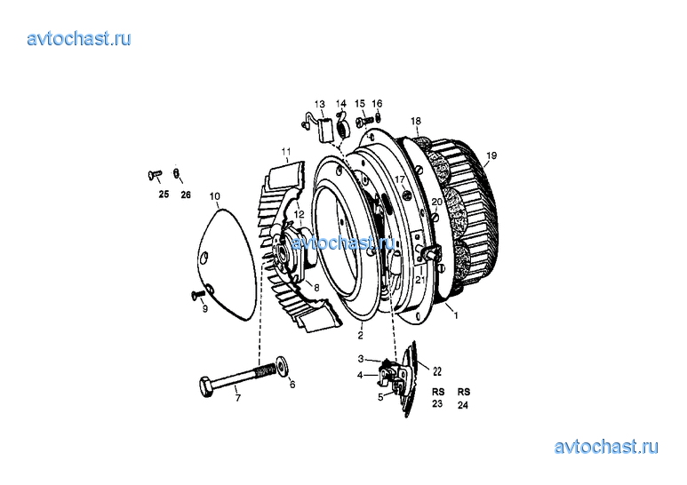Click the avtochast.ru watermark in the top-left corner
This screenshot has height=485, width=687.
tap(79, 39)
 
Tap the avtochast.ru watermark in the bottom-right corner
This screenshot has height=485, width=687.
tap(606, 447)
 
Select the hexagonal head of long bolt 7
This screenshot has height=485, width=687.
tap(206, 386)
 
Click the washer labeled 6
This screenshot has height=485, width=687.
tap(281, 366)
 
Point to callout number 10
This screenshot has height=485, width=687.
tap(215, 196)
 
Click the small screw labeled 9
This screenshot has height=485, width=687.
tap(198, 296)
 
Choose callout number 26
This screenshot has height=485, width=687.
tap(186, 195)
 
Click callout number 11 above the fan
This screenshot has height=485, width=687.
tap(286, 152)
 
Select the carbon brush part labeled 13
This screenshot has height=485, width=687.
tap(324, 131)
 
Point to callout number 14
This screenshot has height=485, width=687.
tap(341, 104)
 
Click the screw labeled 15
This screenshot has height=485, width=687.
tap(364, 119)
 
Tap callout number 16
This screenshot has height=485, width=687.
tap(377, 104)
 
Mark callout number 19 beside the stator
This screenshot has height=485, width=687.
tap(491, 155)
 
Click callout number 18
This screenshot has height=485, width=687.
tap(416, 121)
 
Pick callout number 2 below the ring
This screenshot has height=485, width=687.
tap(360, 336)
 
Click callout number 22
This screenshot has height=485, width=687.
tap(437, 371)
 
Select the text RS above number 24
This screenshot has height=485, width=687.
tap(464, 392)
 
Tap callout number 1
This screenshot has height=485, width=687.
tap(456, 315)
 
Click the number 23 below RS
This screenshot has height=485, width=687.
tap(437, 403)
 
